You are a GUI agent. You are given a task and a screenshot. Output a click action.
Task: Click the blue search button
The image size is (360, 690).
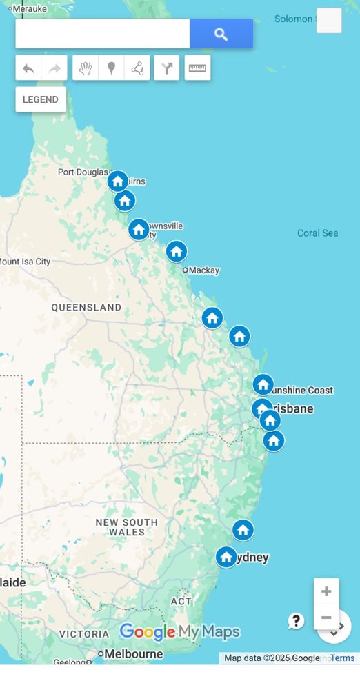coord(221,34)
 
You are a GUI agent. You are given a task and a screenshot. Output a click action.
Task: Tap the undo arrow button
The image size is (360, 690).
coord(28,68)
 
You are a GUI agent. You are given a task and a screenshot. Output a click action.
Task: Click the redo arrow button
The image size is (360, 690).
coord(54,68)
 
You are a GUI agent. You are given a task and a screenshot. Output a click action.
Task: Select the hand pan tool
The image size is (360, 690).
coord(85,68)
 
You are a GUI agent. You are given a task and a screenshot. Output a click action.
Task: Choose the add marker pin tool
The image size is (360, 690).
coord(110,68)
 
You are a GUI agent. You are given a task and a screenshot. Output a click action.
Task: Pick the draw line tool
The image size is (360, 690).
coord(137,68)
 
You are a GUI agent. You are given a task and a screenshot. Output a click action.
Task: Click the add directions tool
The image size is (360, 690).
coord(167,68)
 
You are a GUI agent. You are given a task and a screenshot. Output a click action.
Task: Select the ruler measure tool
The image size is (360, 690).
coord(197,68)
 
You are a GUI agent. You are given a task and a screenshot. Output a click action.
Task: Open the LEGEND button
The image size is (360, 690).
coord(41,99)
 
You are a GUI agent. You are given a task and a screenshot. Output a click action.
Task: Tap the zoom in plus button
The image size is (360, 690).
coord(326,591)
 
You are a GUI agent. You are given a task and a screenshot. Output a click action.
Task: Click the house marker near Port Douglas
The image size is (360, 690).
coord(118,181)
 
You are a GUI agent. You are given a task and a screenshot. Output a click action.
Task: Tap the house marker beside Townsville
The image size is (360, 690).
coord(139,229)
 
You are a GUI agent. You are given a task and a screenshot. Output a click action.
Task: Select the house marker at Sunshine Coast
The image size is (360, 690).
coord(263,384)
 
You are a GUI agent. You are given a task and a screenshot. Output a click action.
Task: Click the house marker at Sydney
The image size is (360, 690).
coord(226,557)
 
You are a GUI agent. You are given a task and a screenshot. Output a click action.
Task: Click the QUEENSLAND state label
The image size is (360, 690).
coord(86,308)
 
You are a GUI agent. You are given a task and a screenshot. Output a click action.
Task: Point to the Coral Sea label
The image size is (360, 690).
coord(317,233)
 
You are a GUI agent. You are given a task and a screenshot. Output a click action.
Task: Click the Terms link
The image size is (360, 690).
coord(343,658)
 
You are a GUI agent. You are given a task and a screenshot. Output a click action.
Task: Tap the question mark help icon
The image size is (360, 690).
coord(296,621)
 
